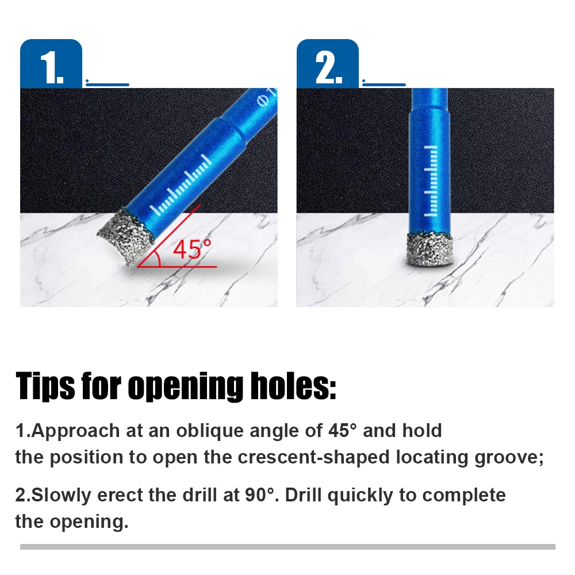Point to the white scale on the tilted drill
pos(181,185)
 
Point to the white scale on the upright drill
pos(431,181)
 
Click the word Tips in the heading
pos(45,386)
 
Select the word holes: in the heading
pos(293,385)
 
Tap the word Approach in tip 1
pos(75,431)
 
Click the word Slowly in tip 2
pos(61,494)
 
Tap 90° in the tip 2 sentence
pos(260,494)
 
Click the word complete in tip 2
pos(464,496)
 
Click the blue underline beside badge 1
pos(108,85)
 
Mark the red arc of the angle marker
pos(158,258)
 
